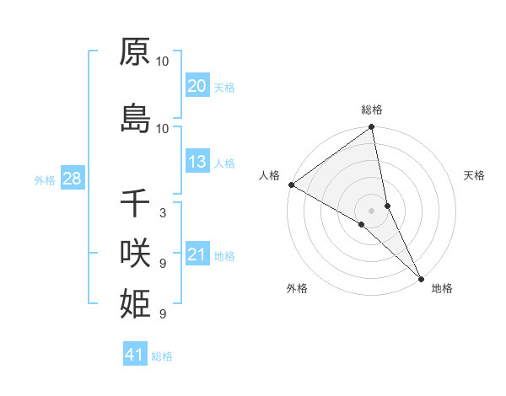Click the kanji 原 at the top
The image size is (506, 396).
pyautogui.click(x=135, y=52)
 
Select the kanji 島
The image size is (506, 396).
pyautogui.click(x=135, y=118)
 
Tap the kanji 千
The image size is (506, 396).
pyautogui.click(x=135, y=203)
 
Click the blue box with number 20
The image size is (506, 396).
pyautogui.click(x=196, y=86)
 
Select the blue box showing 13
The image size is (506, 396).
pyautogui.click(x=196, y=162)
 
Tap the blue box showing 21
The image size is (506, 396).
pyautogui.click(x=196, y=254)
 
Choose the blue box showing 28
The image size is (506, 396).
pyautogui.click(x=71, y=179)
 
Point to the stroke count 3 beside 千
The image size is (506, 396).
pyautogui.click(x=162, y=213)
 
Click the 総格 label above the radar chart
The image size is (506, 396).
pyautogui.click(x=372, y=110)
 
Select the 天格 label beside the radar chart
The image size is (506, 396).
pyautogui.click(x=474, y=175)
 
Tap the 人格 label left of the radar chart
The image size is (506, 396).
pyautogui.click(x=269, y=175)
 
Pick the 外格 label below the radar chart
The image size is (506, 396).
pyautogui.click(x=296, y=288)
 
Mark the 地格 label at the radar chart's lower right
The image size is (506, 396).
pyautogui.click(x=442, y=288)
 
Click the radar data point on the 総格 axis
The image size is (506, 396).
pyautogui.click(x=372, y=128)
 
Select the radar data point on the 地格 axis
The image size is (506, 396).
pyautogui.click(x=421, y=276)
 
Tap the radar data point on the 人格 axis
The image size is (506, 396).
pyautogui.click(x=291, y=185)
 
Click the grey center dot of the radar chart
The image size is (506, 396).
pyautogui.click(x=372, y=210)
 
